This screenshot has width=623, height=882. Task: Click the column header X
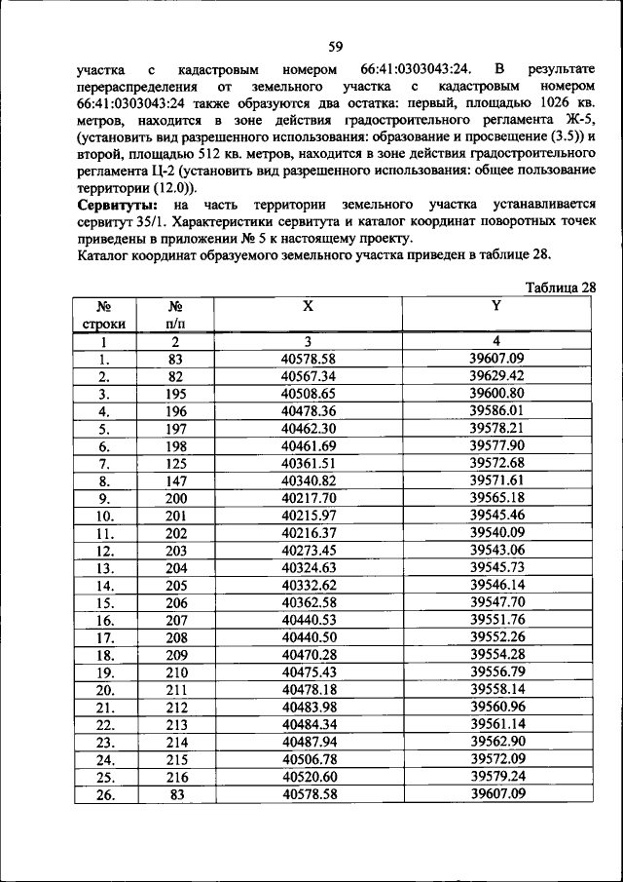(x=308, y=305)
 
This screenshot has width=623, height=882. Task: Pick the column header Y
(x=496, y=305)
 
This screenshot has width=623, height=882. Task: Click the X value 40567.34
(x=308, y=375)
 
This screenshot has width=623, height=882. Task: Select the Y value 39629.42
(x=496, y=375)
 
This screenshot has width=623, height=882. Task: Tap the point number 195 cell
(x=176, y=393)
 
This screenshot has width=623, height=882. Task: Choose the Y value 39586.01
(x=496, y=410)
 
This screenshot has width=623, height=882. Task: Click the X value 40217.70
(x=308, y=497)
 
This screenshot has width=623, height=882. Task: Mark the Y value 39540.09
(x=496, y=532)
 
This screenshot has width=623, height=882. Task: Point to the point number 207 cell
(x=176, y=620)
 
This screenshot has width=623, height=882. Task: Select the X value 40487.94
(x=308, y=743)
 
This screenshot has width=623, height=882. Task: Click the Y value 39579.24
(x=496, y=777)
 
